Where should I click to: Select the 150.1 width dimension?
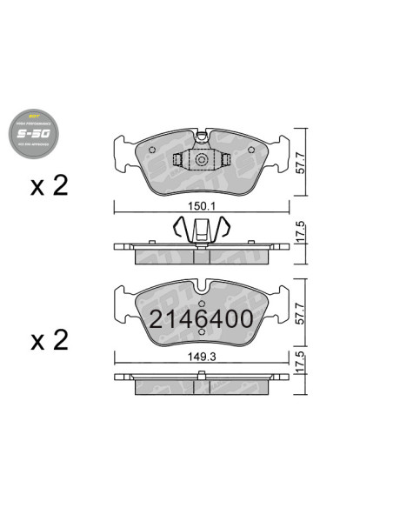point(201,207)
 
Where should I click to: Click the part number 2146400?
point(201,319)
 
